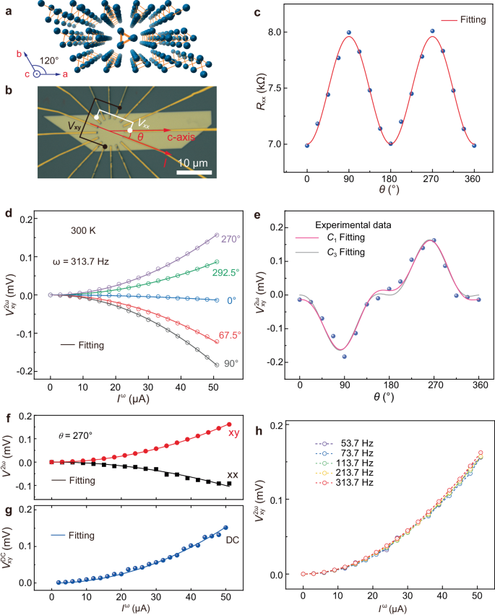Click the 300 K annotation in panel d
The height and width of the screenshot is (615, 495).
82,232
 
